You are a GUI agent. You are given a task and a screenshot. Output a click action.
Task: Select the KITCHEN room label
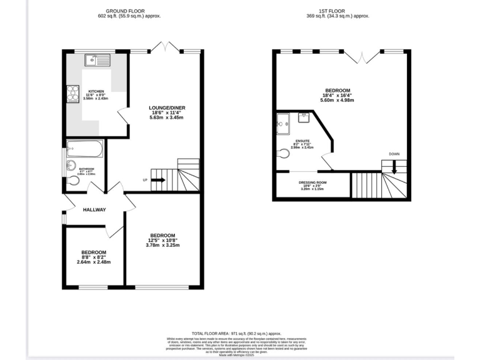tap(96, 91)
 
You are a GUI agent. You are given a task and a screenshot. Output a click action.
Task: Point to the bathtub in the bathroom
tap(84, 149)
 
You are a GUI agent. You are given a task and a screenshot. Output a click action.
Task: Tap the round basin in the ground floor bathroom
tap(69, 166)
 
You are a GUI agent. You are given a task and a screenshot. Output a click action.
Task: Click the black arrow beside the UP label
tap(157, 180)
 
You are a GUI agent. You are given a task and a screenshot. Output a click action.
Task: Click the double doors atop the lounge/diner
tap(165, 47)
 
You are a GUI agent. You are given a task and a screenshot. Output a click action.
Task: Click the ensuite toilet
tap(283, 152)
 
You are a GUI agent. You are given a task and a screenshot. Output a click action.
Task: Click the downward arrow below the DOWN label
tap(393, 166)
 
